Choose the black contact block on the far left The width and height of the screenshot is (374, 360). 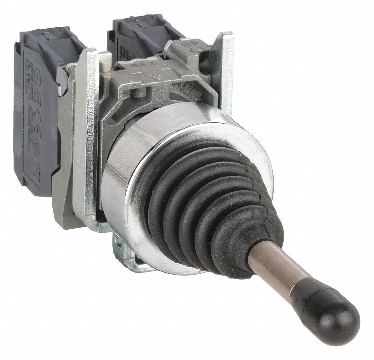[37, 110]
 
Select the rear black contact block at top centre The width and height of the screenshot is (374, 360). [140, 33]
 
